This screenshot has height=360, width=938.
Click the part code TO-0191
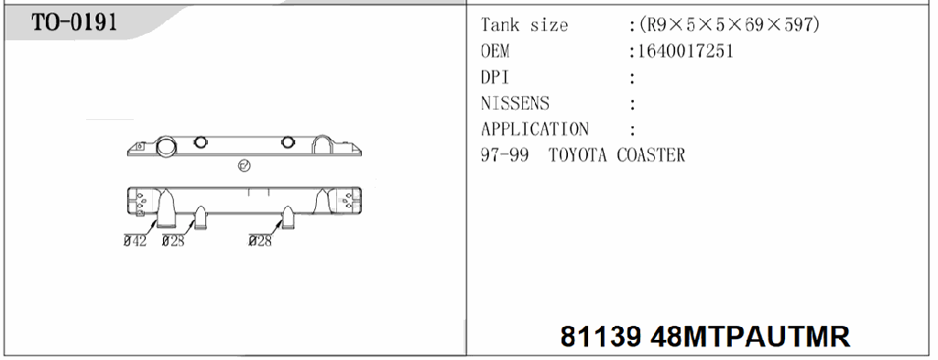(74, 23)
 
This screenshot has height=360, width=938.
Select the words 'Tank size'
(524, 26)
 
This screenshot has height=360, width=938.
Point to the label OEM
(495, 51)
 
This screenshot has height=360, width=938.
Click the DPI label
(495, 78)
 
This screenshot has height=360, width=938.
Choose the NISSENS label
(515, 104)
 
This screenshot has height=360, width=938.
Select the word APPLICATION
(535, 129)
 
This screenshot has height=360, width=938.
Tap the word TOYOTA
(579, 155)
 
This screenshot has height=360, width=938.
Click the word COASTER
(650, 155)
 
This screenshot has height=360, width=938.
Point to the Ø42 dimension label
(136, 241)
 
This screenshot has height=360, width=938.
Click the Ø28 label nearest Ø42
(173, 241)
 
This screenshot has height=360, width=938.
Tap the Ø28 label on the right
(261, 241)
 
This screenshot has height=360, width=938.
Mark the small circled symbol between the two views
(245, 167)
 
